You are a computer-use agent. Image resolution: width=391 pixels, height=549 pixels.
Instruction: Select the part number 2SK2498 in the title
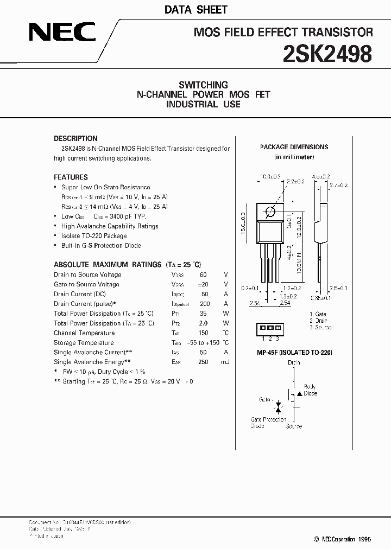coord(327,54)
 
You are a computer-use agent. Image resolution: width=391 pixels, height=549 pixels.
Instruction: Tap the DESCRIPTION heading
coord(75,138)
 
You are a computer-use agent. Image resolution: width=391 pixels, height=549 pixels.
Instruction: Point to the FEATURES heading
coord(71,177)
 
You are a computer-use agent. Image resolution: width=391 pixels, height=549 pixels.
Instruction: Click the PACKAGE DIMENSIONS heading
coord(294,147)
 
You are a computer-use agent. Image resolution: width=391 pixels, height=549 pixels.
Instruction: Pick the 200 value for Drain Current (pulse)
coord(205,304)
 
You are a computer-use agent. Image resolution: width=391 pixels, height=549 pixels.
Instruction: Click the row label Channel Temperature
coord(84,333)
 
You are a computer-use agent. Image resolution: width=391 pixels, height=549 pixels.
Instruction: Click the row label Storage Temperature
coord(84,343)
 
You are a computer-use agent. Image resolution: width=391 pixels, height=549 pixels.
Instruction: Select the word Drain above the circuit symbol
coord(294,362)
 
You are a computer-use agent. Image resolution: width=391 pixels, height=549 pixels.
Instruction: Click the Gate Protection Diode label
coord(268,423)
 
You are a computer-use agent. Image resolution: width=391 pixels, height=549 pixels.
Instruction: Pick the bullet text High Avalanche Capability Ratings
coord(110,226)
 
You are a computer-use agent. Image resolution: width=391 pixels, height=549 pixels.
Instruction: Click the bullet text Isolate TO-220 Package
coord(94,236)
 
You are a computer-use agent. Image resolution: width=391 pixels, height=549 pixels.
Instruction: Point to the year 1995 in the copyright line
coord(364,539)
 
